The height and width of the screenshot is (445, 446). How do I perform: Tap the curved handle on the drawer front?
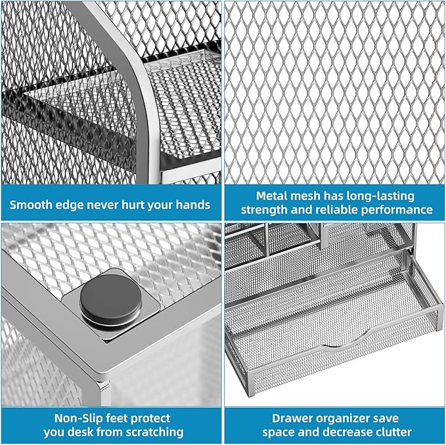point(335,346)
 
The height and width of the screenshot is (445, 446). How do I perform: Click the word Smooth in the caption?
point(31,205)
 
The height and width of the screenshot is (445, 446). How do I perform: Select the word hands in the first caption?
point(192,205)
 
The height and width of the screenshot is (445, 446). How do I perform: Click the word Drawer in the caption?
point(292,418)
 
